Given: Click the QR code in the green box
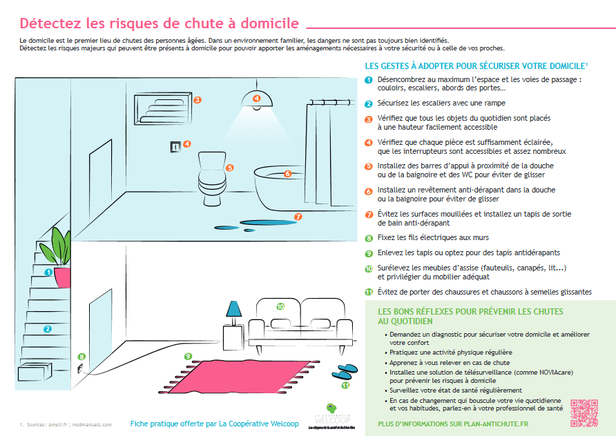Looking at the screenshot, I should [x=584, y=413].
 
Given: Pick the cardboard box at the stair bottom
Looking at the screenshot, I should [x=36, y=372].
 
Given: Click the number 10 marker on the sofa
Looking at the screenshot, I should [x=280, y=306].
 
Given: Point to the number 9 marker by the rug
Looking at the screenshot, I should [x=188, y=356].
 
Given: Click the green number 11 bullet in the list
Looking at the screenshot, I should [x=369, y=292].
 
